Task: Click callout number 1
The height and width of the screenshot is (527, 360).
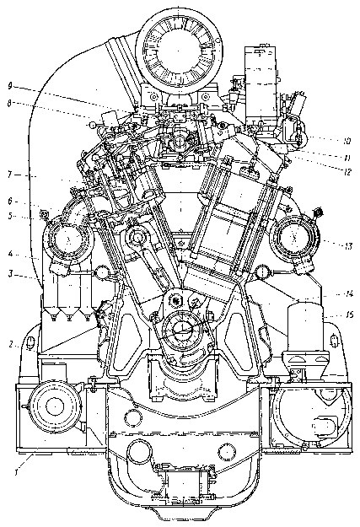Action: (x=15, y=472)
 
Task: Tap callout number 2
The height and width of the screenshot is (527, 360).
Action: (x=11, y=344)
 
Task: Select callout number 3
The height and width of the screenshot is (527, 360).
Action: (x=11, y=274)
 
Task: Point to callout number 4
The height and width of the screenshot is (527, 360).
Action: (x=11, y=253)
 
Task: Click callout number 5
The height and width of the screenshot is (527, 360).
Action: (x=11, y=216)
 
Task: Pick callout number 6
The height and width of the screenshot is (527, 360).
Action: (x=11, y=201)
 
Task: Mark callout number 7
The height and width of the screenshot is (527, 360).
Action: (x=11, y=175)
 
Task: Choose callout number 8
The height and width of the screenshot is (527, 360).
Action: (x=11, y=104)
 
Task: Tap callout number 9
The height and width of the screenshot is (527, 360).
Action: (x=11, y=86)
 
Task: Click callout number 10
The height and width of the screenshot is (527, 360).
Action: (x=347, y=141)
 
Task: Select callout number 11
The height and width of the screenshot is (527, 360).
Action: (x=347, y=158)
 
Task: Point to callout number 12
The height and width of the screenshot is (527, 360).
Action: (x=347, y=172)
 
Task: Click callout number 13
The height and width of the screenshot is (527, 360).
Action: (x=348, y=246)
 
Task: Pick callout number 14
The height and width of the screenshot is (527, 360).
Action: (x=349, y=294)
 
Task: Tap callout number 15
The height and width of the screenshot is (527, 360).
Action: (x=349, y=315)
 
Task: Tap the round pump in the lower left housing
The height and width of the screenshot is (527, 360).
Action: (x=55, y=406)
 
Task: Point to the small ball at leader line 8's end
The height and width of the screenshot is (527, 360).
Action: (x=92, y=125)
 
